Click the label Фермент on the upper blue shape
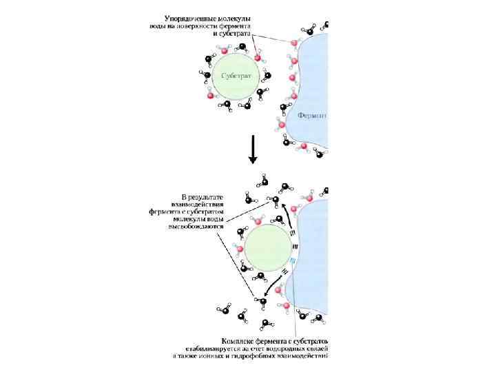pos(312,116)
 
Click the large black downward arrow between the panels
pos(252,149)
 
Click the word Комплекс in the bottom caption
pos(237,340)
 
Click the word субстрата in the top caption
pos(234,33)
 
